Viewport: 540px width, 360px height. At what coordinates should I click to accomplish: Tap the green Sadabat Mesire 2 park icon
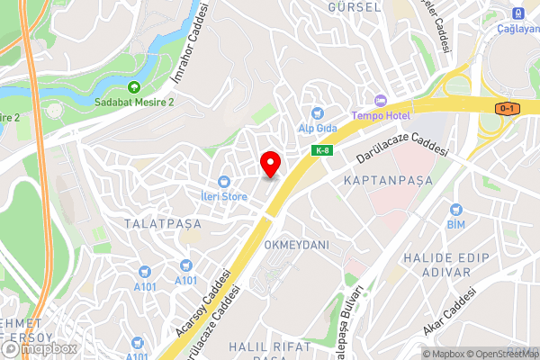tap(134, 87)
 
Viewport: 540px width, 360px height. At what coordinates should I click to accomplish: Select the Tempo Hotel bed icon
tap(380, 100)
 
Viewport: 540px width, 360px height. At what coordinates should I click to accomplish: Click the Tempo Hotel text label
tap(381, 116)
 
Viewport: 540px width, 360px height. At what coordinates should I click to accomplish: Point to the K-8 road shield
tap(321, 150)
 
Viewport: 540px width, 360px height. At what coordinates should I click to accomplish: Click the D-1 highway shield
tap(508, 109)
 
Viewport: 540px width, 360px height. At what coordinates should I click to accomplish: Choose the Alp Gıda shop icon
tap(317, 113)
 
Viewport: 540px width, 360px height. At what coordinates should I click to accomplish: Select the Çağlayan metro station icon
tap(517, 13)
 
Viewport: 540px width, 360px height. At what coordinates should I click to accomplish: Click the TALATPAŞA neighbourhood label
tap(162, 220)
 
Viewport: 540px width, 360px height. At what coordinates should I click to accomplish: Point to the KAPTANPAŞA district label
tap(389, 181)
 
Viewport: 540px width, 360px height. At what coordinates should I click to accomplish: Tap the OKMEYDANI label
tap(297, 245)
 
